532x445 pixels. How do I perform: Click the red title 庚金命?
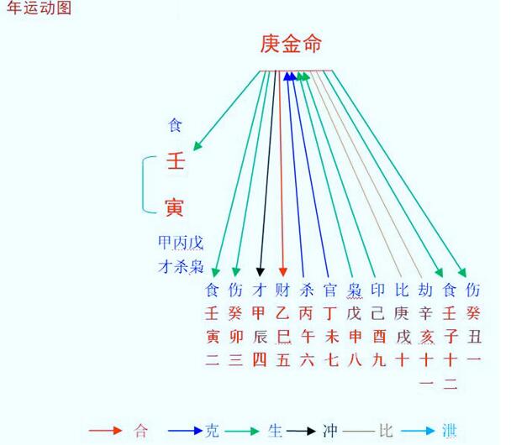tap(291, 44)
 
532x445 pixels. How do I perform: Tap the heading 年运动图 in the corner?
tap(39, 8)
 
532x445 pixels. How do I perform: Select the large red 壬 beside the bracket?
tap(176, 160)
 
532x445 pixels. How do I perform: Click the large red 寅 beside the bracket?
tap(175, 207)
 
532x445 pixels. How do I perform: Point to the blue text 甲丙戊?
tap(181, 243)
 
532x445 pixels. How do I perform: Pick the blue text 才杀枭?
tap(181, 266)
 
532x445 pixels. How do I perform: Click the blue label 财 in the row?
tap(282, 291)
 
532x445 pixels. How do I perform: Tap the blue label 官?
tap(330, 291)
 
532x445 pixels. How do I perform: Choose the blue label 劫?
tap(425, 291)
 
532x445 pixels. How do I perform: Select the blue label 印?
tap(377, 291)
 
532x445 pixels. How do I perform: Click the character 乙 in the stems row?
tap(282, 313)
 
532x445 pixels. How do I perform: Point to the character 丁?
tap(330, 313)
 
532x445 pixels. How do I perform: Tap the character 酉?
tap(378, 337)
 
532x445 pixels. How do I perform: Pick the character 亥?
tap(426, 337)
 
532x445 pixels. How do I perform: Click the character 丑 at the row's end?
tap(474, 337)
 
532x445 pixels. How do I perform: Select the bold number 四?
tap(259, 360)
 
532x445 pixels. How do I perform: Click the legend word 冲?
tap(329, 431)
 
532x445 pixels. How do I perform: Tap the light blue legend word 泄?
tap(449, 431)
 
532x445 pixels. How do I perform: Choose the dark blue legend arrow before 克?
tap(185, 431)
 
